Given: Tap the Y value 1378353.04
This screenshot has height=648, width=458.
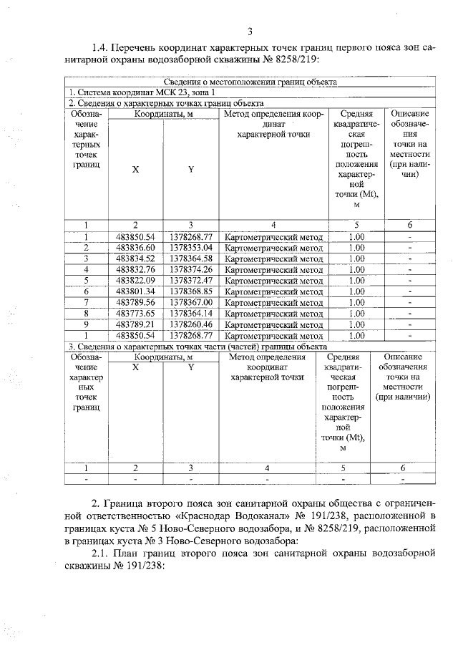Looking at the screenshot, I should tap(191, 248).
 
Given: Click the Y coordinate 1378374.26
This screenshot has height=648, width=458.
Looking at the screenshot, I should tap(191, 269).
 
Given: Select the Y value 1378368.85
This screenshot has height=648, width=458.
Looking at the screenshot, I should tap(191, 291).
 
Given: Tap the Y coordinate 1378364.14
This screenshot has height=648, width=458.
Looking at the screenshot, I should tap(191, 313).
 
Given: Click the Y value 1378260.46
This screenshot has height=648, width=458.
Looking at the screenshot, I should tap(191, 324).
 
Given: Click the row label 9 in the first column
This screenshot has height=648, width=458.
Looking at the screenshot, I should tap(86, 324).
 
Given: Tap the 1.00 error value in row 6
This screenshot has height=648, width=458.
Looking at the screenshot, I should tap(356, 291).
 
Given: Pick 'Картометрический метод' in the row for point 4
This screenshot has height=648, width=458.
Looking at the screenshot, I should tap(273, 269).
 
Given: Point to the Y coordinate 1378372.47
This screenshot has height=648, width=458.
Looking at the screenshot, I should tap(191, 280).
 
